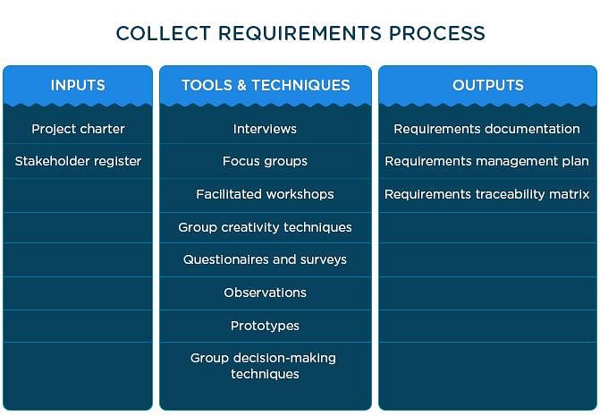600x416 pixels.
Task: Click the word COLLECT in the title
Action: coord(164,33)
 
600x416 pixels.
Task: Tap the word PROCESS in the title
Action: coord(437,33)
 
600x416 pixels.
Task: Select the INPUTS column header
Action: coord(78,85)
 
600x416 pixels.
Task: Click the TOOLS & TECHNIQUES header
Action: coord(266,85)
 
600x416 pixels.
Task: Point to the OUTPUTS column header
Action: coord(488,85)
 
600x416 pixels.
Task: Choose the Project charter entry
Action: coord(78,129)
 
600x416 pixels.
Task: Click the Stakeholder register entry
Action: coord(78,161)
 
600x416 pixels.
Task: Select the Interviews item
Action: coord(265,129)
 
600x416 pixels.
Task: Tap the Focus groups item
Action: coord(265,161)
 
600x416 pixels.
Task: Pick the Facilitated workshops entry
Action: coord(265,194)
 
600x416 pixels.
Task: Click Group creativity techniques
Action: coord(265,227)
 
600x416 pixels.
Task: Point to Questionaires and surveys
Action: coord(265,259)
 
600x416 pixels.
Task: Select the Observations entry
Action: coord(265,293)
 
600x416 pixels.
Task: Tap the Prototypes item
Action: coord(265,326)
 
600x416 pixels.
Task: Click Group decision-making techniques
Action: coord(263,366)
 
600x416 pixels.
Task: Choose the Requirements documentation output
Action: coord(486,129)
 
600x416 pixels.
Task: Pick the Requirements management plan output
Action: coord(486,161)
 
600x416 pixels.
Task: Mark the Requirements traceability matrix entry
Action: coord(486,194)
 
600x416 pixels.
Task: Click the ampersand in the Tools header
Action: coord(241,85)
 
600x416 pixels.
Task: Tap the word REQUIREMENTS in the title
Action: coord(300,33)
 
